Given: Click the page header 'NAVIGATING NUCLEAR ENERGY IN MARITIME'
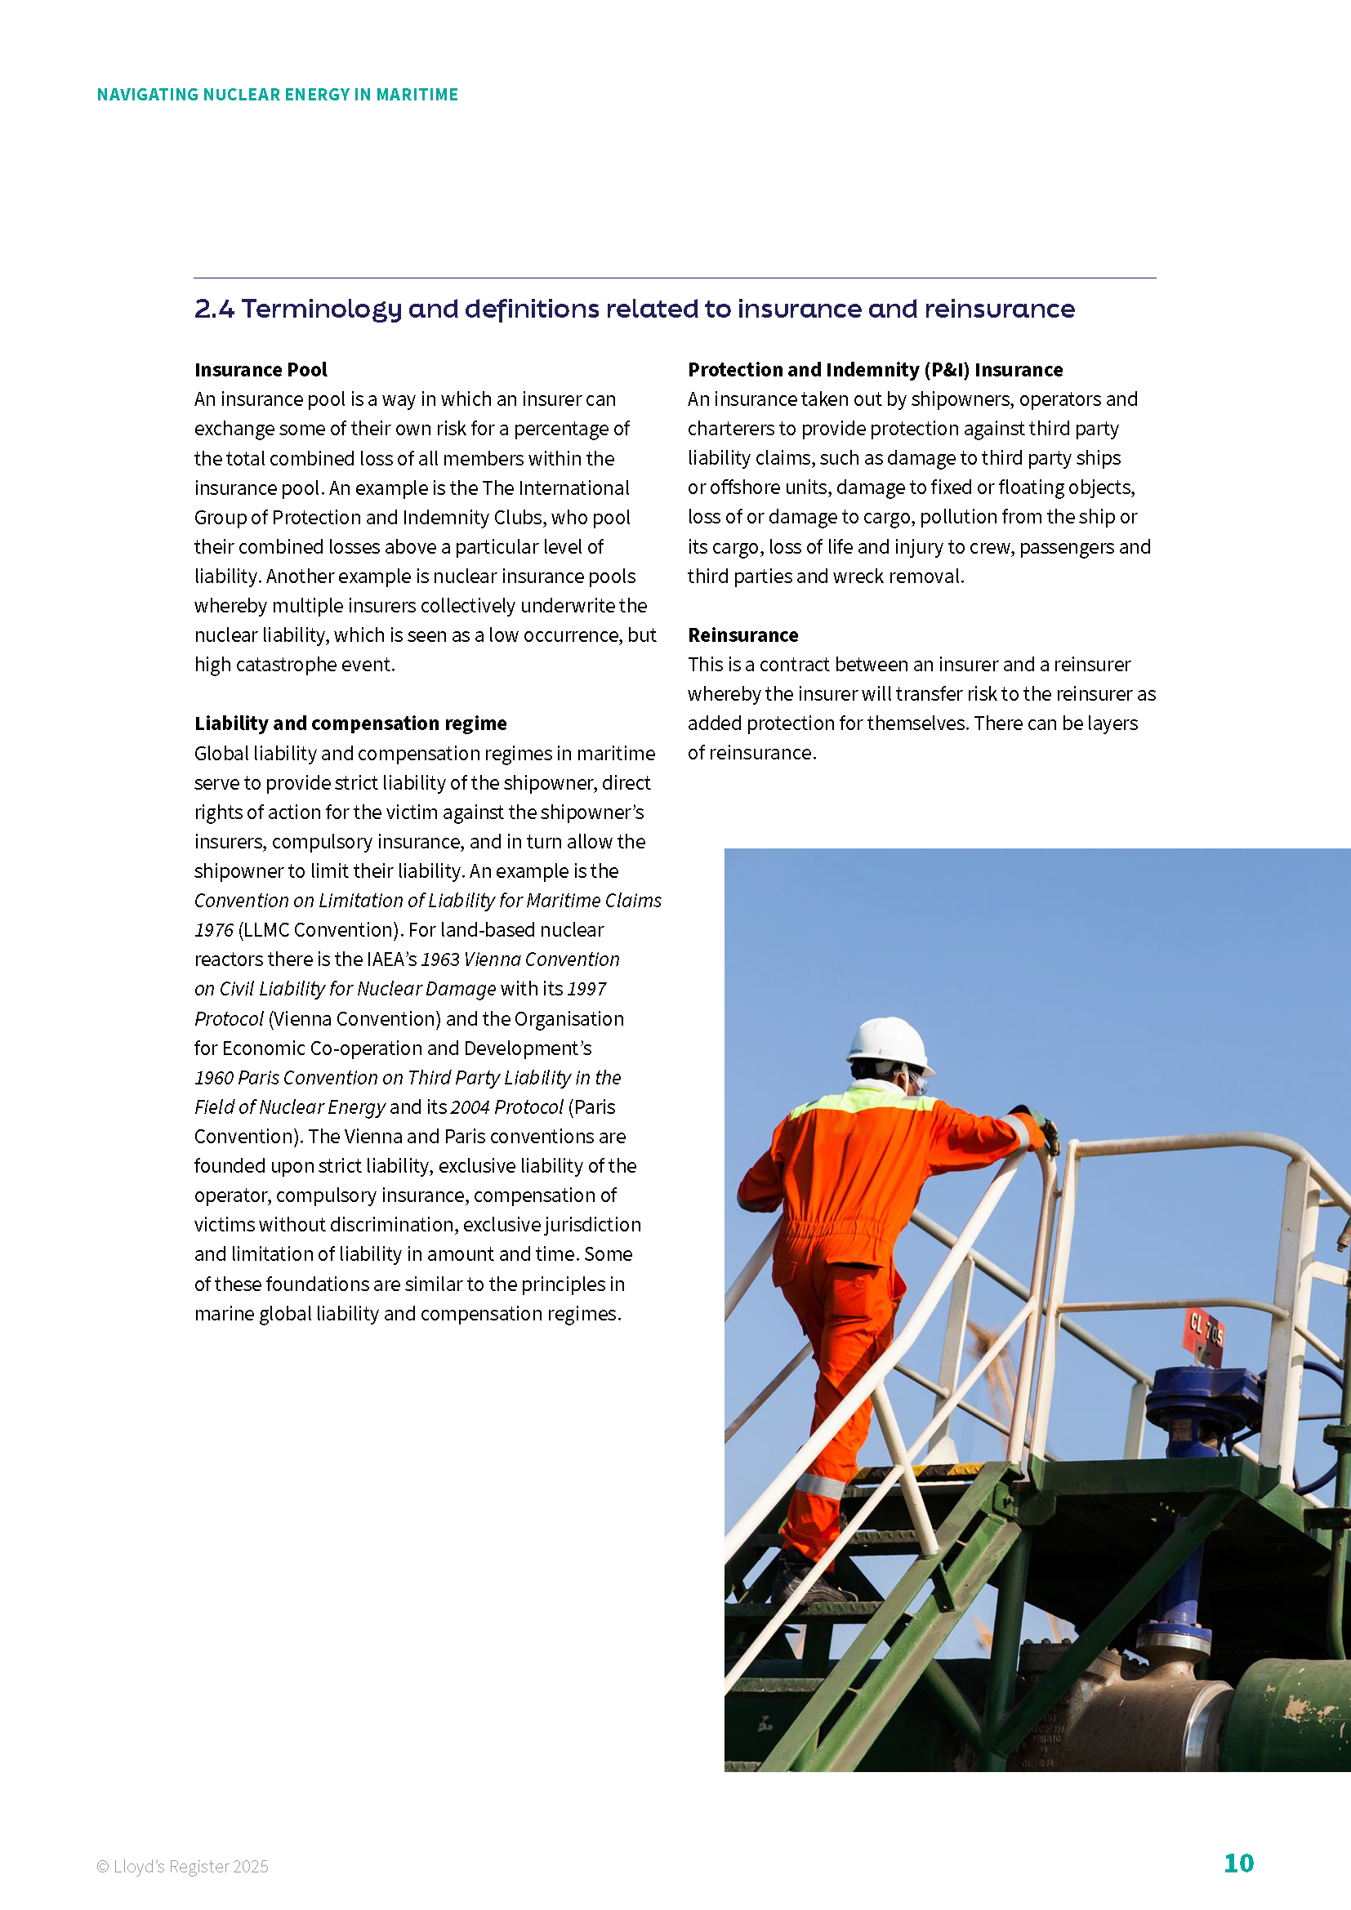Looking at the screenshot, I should [x=277, y=95].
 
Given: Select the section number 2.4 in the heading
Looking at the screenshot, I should [x=214, y=309].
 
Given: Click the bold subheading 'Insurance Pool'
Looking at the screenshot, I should [x=261, y=370].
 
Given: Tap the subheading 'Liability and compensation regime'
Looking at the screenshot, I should [x=350, y=723].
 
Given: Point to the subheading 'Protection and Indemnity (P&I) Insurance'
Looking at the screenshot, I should [x=875, y=370].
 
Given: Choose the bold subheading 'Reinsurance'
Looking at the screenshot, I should [x=742, y=635].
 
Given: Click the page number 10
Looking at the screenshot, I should [x=1237, y=1863].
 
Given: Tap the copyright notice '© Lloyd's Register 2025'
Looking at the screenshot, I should [x=182, y=1866].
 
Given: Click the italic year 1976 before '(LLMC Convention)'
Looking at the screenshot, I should [x=214, y=930].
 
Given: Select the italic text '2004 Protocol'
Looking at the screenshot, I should [x=506, y=1107].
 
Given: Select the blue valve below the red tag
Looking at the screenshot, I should [x=1204, y=1397].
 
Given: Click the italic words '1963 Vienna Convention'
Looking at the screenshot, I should [x=520, y=959].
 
